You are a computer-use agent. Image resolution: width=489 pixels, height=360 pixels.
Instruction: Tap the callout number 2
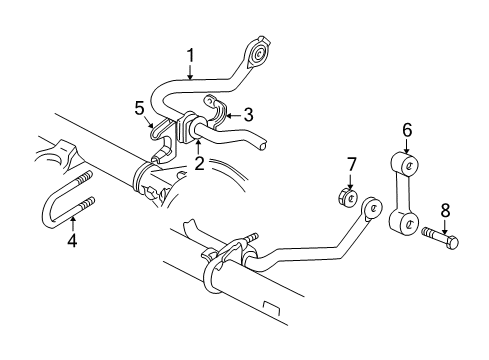[x=200, y=163]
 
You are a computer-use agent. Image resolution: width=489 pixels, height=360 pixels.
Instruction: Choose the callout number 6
[x=406, y=129]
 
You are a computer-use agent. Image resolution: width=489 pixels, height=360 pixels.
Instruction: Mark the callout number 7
[x=351, y=163]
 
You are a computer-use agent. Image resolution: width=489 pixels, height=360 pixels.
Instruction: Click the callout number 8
[x=446, y=210]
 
